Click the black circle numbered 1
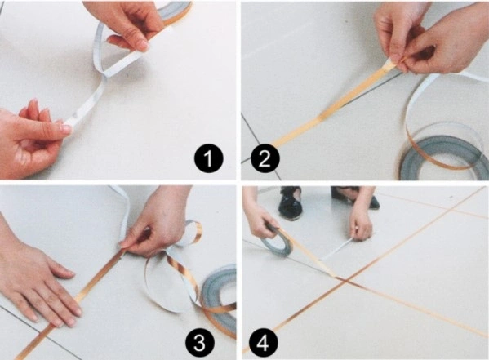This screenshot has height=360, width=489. point(209,158)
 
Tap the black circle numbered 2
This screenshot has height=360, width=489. point(265,158)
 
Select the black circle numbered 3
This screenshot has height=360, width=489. point(199,343)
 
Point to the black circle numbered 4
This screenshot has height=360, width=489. point(263,343)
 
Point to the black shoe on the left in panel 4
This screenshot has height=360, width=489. point(291,202)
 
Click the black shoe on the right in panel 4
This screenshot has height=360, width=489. point(354,198)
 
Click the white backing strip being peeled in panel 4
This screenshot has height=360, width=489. point(337,249)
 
